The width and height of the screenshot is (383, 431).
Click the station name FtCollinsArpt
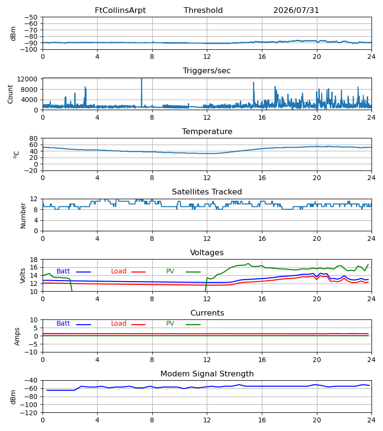(120, 11)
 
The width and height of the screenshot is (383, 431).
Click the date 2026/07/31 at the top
(296, 11)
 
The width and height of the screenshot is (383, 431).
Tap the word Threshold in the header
(203, 11)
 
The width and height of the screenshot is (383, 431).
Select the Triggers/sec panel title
(207, 71)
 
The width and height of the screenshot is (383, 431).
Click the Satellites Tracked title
(207, 192)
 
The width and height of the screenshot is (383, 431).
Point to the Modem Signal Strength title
(207, 374)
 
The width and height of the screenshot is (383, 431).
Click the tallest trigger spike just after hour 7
(142, 92)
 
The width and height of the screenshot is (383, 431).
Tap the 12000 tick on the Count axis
(27, 79)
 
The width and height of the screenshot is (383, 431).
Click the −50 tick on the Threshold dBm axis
(31, 17)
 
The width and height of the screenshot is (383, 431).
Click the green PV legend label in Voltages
(170, 272)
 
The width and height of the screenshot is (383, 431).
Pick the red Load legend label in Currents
(119, 324)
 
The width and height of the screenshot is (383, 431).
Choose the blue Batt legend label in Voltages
(63, 272)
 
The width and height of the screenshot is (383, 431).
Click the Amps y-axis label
(17, 337)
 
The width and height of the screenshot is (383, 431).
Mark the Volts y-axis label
(23, 275)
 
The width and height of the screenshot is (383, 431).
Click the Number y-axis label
(23, 215)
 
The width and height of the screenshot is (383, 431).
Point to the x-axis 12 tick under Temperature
(207, 178)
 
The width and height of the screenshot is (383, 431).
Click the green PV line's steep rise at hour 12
(206, 284)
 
